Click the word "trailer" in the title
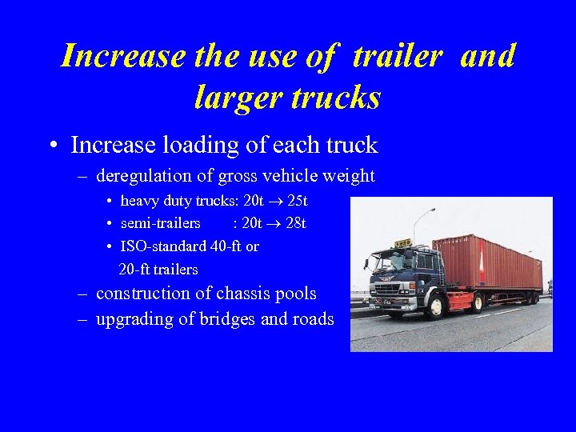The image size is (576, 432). point(397,56)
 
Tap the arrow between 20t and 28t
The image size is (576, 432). point(272,223)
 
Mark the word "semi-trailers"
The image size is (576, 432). point(160,223)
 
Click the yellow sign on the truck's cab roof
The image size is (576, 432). point(402,242)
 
